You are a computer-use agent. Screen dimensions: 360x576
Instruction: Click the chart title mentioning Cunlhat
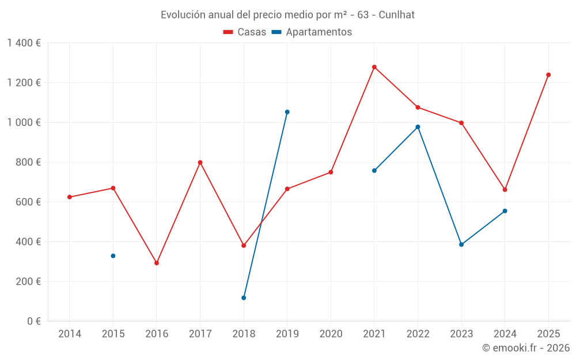pyautogui.click(x=287, y=14)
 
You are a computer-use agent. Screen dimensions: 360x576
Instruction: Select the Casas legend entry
pyautogui.click(x=245, y=32)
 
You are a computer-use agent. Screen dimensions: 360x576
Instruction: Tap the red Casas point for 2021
pyautogui.click(x=374, y=67)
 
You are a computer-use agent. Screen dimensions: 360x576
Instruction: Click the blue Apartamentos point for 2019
pyautogui.click(x=287, y=112)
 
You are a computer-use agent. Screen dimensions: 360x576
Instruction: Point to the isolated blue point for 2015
pyautogui.click(x=113, y=256)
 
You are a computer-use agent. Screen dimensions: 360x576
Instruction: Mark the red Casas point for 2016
pyautogui.click(x=157, y=263)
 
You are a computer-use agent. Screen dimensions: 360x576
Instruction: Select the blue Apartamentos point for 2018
pyautogui.click(x=244, y=298)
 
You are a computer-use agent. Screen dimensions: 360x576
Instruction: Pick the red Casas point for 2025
pyautogui.click(x=548, y=75)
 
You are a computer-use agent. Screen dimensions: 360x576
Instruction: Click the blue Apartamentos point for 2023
pyautogui.click(x=461, y=244)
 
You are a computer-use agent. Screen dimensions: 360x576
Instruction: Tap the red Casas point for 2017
pyautogui.click(x=200, y=162)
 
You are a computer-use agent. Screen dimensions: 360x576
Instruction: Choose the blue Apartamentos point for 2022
pyautogui.click(x=418, y=127)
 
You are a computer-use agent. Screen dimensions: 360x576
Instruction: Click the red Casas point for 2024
pyautogui.click(x=505, y=190)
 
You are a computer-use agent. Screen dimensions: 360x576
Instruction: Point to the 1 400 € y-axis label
pyautogui.click(x=24, y=43)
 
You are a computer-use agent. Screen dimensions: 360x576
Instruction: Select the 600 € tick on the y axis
pyautogui.click(x=29, y=202)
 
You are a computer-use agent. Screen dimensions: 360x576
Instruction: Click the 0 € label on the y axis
pyautogui.click(x=33, y=321)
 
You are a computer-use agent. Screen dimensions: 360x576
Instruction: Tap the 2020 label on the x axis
pyautogui.click(x=331, y=334)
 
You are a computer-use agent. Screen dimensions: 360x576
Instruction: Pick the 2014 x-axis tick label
pyautogui.click(x=70, y=334)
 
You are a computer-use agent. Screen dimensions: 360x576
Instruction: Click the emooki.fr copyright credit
pyautogui.click(x=525, y=348)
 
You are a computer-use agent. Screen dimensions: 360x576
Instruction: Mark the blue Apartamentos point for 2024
pyautogui.click(x=505, y=211)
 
